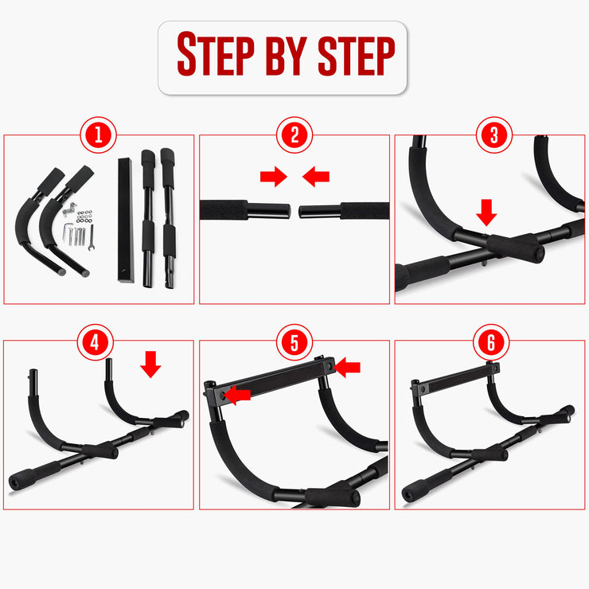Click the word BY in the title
tap(284, 55)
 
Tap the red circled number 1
tap(99, 135)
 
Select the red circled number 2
tap(294, 135)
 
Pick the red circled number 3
tap(493, 135)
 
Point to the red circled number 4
tap(96, 342)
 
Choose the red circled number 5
tap(294, 342)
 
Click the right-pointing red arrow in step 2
tap(273, 177)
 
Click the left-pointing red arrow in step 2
tap(317, 177)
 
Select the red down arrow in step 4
tap(150, 364)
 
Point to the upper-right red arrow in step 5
tap(348, 367)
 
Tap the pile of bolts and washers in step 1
tap(80, 231)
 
